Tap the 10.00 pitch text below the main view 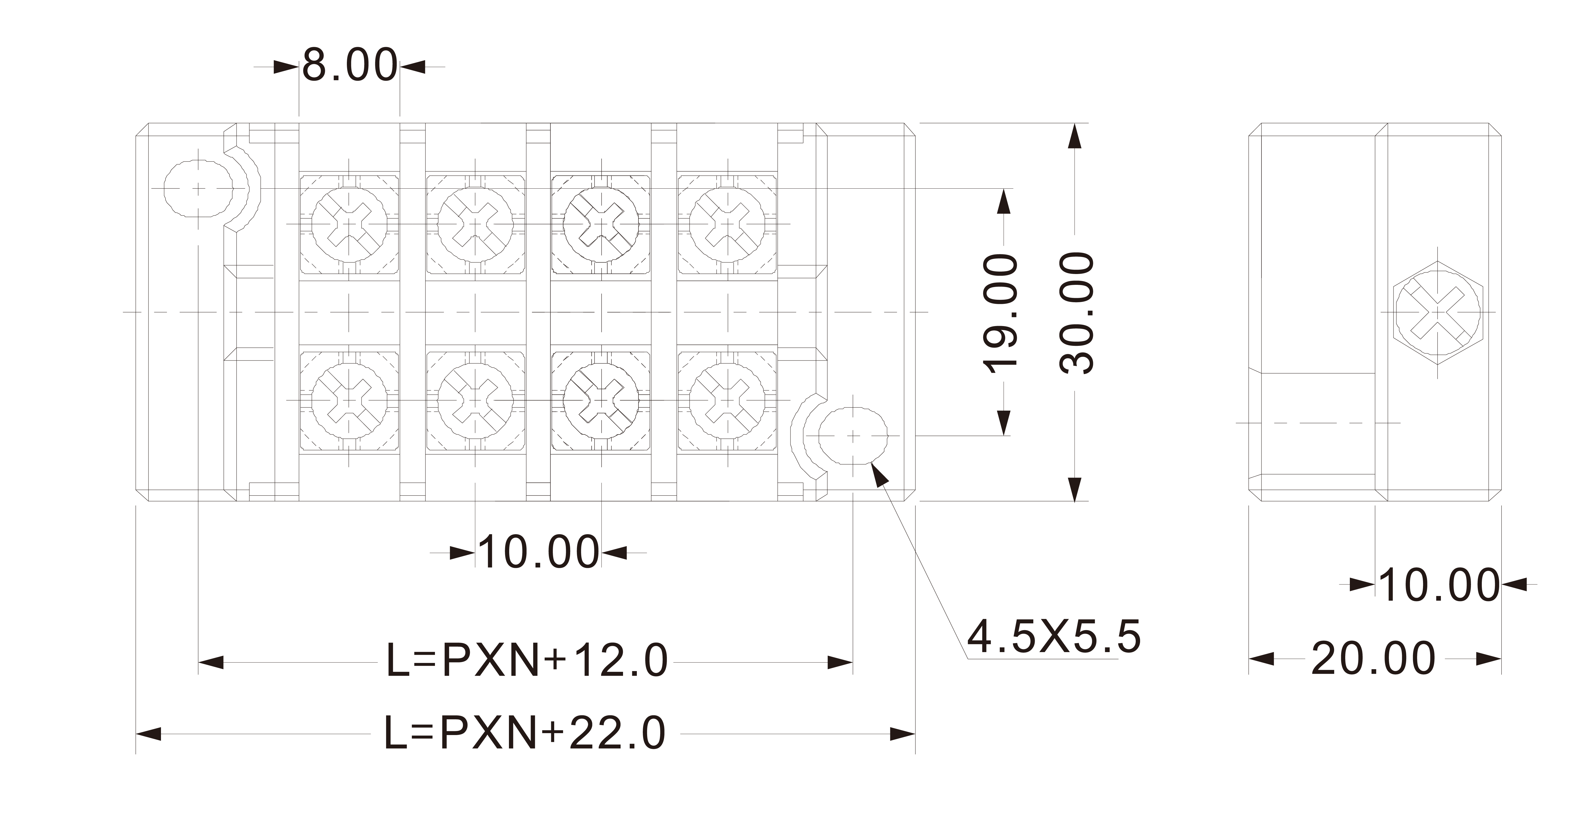[538, 552]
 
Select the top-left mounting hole [198, 188]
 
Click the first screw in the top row [349, 225]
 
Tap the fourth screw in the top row [727, 225]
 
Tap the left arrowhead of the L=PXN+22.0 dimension [149, 733]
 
